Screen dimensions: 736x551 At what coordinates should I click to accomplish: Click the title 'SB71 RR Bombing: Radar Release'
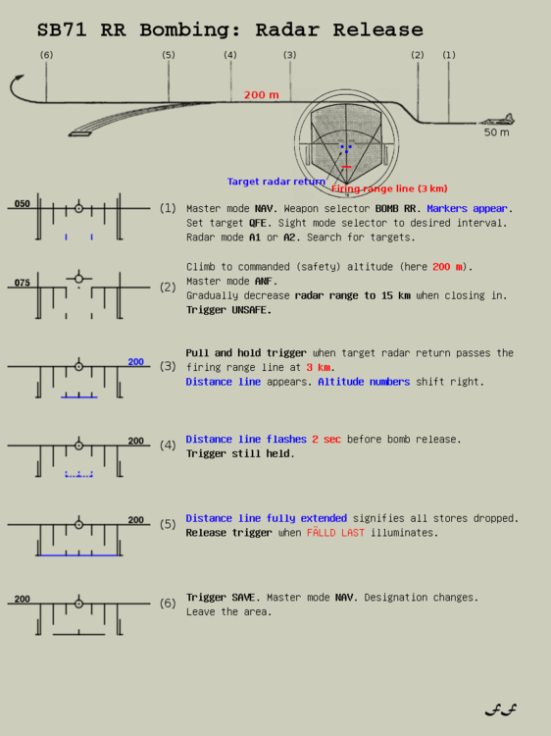pyautogui.click(x=229, y=30)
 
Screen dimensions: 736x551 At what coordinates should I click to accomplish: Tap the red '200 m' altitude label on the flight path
pyautogui.click(x=261, y=95)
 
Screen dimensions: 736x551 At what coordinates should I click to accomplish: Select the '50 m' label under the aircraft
pyautogui.click(x=496, y=132)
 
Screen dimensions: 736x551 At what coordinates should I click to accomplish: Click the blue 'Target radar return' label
pyautogui.click(x=275, y=182)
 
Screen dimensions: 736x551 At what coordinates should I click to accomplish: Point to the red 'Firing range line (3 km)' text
pyautogui.click(x=389, y=188)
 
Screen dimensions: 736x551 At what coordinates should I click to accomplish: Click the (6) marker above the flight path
pyautogui.click(x=46, y=55)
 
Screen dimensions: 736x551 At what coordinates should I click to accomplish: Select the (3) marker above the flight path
pyautogui.click(x=289, y=55)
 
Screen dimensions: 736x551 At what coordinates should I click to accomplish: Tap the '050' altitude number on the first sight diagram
pyautogui.click(x=22, y=204)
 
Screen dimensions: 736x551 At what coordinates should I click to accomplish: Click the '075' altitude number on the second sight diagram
pyautogui.click(x=22, y=283)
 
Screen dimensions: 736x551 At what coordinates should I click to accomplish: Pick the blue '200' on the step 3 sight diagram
pyautogui.click(x=135, y=362)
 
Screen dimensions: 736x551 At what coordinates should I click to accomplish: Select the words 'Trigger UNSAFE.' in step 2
pyautogui.click(x=228, y=310)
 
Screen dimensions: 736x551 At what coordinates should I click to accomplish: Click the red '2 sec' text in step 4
pyautogui.click(x=326, y=440)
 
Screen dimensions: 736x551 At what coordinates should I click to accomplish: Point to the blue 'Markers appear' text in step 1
pyautogui.click(x=468, y=208)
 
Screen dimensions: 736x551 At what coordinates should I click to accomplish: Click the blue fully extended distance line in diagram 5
pyautogui.click(x=79, y=555)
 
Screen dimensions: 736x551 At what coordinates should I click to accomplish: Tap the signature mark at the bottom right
pyautogui.click(x=501, y=710)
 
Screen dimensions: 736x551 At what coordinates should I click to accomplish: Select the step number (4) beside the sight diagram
pyautogui.click(x=168, y=445)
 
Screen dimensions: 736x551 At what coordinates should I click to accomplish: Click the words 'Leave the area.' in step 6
pyautogui.click(x=228, y=611)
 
